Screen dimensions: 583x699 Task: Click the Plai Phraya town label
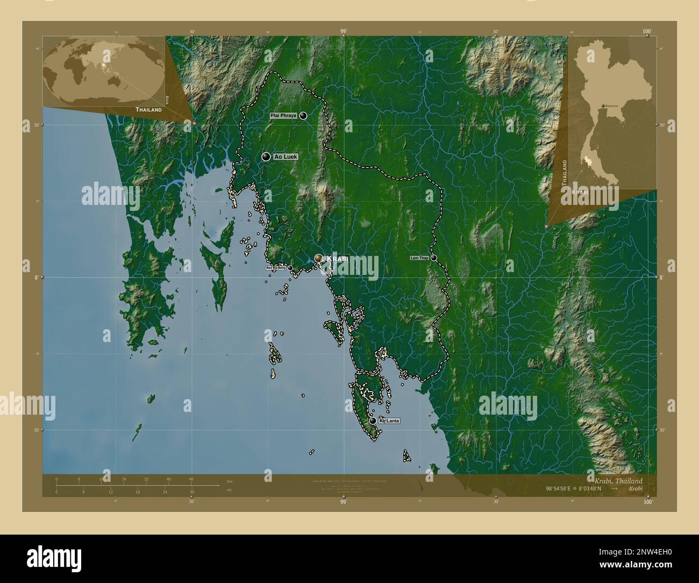click(284, 116)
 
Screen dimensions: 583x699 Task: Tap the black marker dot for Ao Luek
click(266, 157)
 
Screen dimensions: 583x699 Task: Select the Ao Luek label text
click(285, 157)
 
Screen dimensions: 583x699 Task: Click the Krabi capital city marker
click(319, 259)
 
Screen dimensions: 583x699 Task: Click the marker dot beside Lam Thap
click(433, 258)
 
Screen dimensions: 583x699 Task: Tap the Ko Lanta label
click(389, 421)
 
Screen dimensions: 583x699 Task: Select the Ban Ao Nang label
click(276, 267)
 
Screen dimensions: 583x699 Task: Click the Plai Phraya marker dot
click(303, 116)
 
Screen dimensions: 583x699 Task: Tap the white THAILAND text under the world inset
click(148, 110)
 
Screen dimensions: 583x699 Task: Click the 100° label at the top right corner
click(647, 32)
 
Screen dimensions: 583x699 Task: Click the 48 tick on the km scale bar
click(191, 479)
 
